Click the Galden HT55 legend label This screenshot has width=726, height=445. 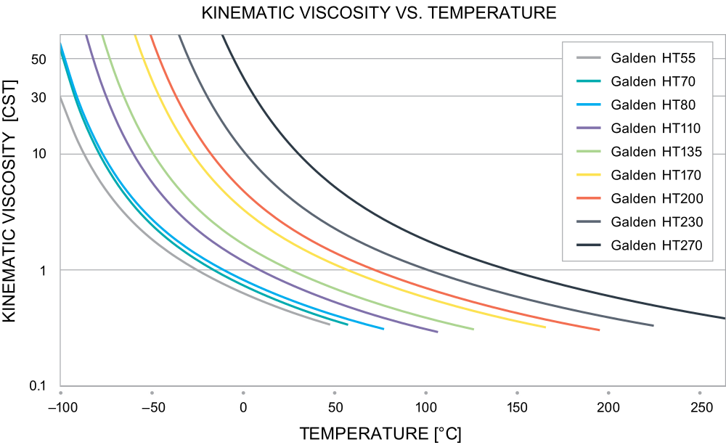pyautogui.click(x=653, y=58)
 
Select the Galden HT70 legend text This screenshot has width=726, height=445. pyautogui.click(x=653, y=81)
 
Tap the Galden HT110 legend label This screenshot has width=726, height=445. pyautogui.click(x=656, y=128)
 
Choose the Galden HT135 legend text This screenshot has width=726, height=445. pyautogui.click(x=656, y=152)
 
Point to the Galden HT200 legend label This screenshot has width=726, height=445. pyautogui.click(x=656, y=198)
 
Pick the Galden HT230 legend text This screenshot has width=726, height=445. pyautogui.click(x=656, y=221)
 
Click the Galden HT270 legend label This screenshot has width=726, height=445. pyautogui.click(x=656, y=245)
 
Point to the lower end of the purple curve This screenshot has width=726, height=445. pyautogui.click(x=437, y=332)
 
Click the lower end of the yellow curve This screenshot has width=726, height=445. pyautogui.click(x=544, y=327)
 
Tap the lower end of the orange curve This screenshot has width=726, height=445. pyautogui.click(x=599, y=330)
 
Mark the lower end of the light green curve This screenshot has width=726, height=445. pyautogui.click(x=473, y=330)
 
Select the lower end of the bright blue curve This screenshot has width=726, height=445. pyautogui.click(x=383, y=329)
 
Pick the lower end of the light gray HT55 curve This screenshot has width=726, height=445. pyautogui.click(x=330, y=324)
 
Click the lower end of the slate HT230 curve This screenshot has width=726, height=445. pyautogui.click(x=653, y=325)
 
